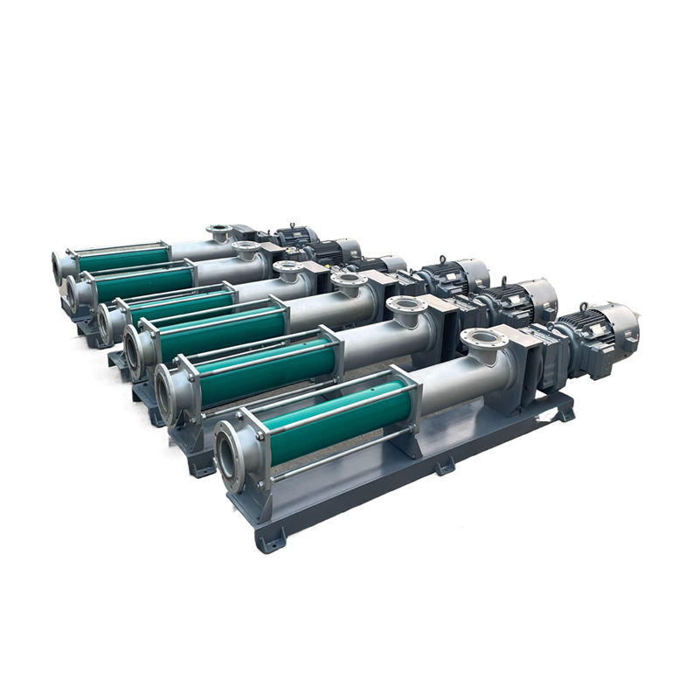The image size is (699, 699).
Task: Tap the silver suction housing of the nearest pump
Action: [x=446, y=376]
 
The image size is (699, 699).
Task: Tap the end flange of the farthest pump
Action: [x=60, y=264]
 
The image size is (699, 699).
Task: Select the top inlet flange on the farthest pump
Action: [x=219, y=231]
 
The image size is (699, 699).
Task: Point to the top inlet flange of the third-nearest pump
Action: [x=348, y=280]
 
